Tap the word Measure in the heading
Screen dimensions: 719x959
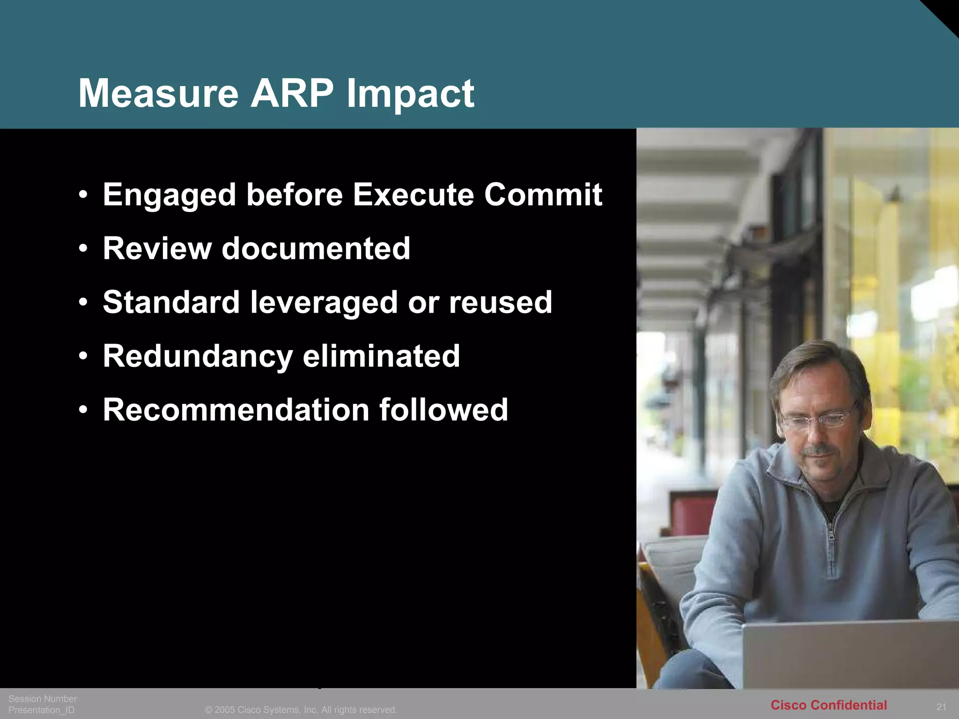pos(158,93)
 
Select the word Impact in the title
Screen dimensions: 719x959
pos(410,94)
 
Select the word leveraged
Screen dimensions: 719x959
pos(324,302)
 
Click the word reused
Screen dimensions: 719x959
pos(501,302)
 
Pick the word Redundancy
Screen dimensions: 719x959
pos(198,357)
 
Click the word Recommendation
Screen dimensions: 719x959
pos(236,410)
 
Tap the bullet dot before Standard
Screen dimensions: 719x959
pos(83,302)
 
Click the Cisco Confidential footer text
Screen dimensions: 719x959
pos(828,705)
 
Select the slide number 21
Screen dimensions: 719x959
pos(941,707)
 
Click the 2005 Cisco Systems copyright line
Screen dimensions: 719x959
pos(301,710)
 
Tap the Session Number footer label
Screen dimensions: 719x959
pos(43,698)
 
